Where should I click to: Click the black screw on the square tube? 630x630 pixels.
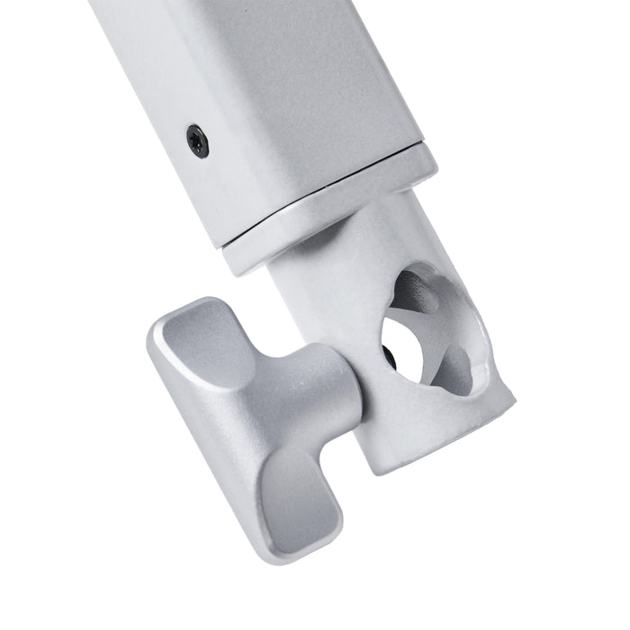(197, 140)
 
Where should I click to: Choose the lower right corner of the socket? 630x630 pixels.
(513, 396)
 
